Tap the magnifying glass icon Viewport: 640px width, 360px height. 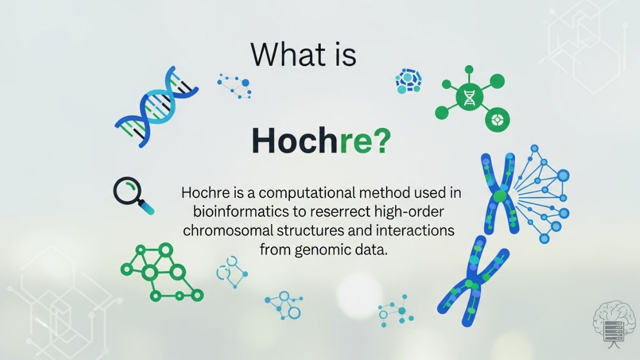pos(132,195)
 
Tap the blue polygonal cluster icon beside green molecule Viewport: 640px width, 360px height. pos(409,81)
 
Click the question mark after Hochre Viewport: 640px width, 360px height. pos(381,141)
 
